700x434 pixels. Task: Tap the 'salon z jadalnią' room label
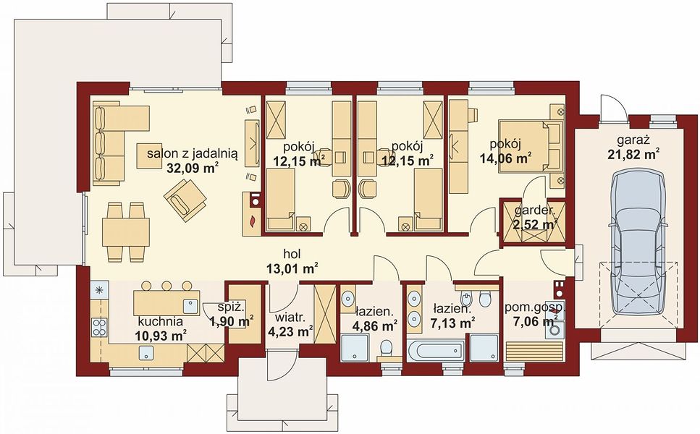(x=193, y=154)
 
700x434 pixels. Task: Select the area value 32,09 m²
(x=193, y=168)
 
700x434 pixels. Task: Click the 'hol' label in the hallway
(x=292, y=254)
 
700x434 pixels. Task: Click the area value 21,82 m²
(x=634, y=154)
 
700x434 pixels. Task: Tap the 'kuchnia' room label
(x=161, y=322)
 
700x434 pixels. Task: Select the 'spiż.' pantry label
(x=231, y=307)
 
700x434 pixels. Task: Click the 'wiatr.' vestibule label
(x=290, y=318)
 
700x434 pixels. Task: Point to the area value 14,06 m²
(x=505, y=158)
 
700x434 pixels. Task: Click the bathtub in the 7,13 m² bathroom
(x=438, y=351)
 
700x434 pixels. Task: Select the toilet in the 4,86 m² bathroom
(x=386, y=349)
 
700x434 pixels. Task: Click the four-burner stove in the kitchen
(x=99, y=327)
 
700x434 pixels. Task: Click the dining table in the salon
(x=126, y=232)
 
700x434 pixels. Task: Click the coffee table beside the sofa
(x=149, y=156)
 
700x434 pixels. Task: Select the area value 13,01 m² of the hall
(x=292, y=268)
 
